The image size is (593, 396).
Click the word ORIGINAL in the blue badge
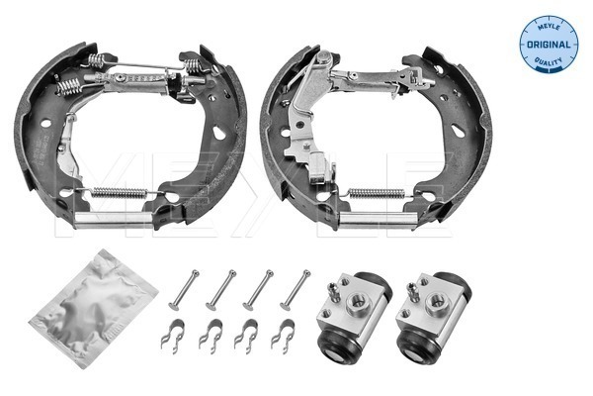tap(549, 45)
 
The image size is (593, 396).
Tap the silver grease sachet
tap(94, 308)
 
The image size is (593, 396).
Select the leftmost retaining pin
tap(184, 290)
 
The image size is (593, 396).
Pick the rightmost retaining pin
tap(295, 290)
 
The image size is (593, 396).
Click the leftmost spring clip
tap(173, 335)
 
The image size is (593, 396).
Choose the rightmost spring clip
tap(284, 335)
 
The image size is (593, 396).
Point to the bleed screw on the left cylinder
tap(333, 292)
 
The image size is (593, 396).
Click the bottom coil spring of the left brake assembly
tap(120, 193)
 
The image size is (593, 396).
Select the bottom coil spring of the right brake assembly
tap(377, 193)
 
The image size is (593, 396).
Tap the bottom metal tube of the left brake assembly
tap(113, 220)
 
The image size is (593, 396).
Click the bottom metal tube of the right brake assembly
tap(379, 220)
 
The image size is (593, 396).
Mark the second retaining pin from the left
tap(220, 290)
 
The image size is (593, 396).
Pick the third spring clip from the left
tap(246, 335)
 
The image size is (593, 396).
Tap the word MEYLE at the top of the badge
tap(549, 27)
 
